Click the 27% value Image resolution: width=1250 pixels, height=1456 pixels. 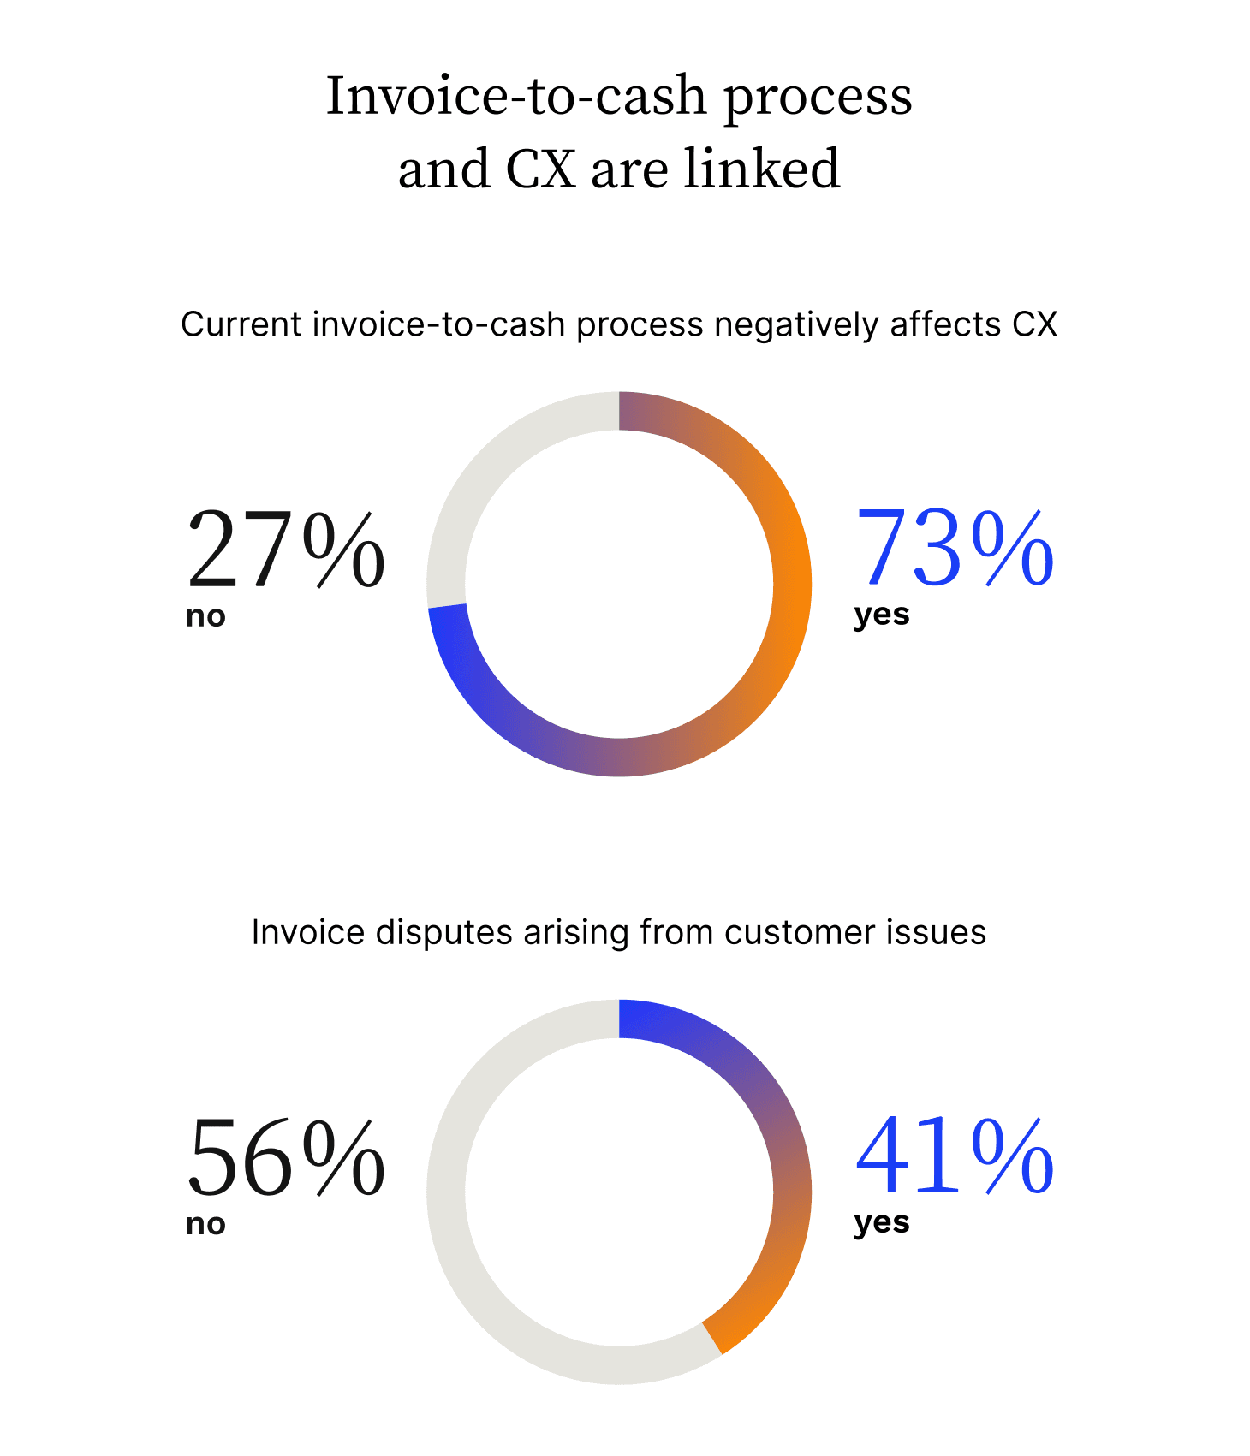pyautogui.click(x=285, y=550)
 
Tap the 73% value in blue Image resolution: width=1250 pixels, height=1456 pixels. pyautogui.click(x=955, y=550)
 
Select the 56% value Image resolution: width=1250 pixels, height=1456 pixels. pyautogui.click(x=285, y=1157)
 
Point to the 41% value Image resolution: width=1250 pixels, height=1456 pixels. pyautogui.click(x=955, y=1157)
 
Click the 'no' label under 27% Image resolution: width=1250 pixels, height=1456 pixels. pyautogui.click(x=205, y=616)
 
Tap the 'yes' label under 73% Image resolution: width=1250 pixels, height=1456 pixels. pyautogui.click(x=882, y=615)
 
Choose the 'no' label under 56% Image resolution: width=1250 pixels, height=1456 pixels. pyautogui.click(x=205, y=1224)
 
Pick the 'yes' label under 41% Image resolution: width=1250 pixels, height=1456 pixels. pyautogui.click(x=882, y=1223)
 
